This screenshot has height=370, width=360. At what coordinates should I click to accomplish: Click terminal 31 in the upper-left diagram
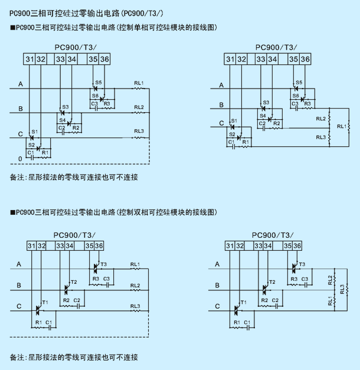[30, 59]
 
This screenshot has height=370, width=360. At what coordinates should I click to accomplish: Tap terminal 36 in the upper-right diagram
[305, 59]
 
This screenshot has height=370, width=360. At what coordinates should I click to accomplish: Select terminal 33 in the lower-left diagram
[60, 246]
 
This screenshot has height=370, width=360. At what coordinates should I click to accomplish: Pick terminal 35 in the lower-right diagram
[287, 246]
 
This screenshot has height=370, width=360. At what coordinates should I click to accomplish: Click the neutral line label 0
[20, 159]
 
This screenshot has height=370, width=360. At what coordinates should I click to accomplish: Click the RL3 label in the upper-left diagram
[139, 131]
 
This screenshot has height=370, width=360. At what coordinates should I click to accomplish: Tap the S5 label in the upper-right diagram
[299, 83]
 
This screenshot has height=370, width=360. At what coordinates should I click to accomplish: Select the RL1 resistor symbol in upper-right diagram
[349, 127]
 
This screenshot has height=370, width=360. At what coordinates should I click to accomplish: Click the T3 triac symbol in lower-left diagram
[95, 269]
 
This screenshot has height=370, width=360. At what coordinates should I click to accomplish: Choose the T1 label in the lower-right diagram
[243, 302]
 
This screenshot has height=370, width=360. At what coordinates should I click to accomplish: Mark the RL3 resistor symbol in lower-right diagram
[347, 290]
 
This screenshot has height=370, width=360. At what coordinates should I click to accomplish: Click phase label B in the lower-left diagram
[19, 285]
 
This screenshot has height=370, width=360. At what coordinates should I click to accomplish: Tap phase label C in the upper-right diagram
[221, 123]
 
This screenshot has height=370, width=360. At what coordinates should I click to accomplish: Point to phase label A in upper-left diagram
[21, 84]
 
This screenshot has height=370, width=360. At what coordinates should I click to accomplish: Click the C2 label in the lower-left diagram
[77, 300]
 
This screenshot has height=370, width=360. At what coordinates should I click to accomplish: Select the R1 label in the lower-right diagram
[237, 322]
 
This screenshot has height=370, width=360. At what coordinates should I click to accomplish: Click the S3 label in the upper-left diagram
[66, 107]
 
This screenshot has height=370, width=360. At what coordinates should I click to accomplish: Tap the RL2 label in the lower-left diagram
[135, 286]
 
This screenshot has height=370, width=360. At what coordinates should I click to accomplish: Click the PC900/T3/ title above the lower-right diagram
[273, 235]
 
